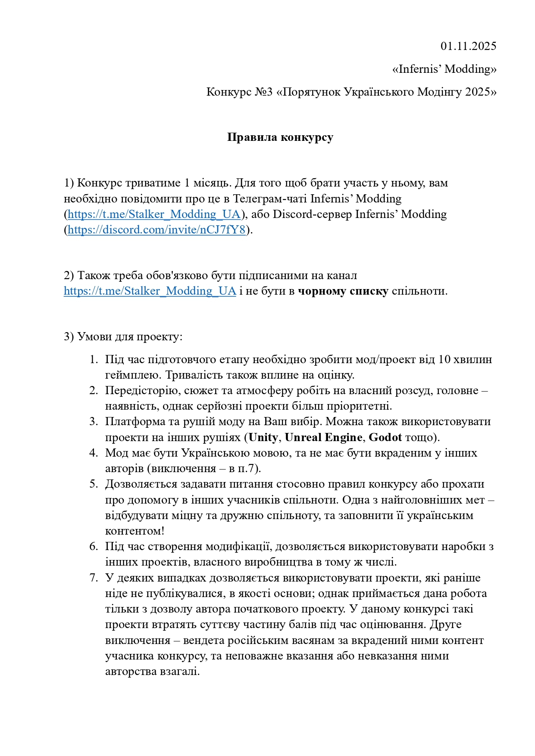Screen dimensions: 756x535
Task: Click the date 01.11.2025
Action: (x=468, y=46)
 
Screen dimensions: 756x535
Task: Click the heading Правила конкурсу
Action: (x=280, y=137)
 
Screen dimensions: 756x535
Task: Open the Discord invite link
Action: (x=156, y=230)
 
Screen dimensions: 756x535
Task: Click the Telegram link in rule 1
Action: (x=154, y=214)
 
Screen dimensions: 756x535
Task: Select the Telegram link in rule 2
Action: (x=150, y=291)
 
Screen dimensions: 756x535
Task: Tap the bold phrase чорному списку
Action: (x=343, y=291)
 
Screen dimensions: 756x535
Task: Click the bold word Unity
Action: (x=263, y=437)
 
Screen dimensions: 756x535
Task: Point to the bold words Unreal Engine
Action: (x=323, y=437)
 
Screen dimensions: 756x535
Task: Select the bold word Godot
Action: (x=385, y=437)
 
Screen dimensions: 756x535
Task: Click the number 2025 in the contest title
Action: (x=479, y=92)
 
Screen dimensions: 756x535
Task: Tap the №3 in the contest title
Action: (x=263, y=92)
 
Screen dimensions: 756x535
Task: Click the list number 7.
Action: (x=94, y=578)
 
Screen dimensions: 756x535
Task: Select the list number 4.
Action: (x=94, y=453)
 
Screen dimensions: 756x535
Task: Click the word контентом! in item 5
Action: (x=135, y=531)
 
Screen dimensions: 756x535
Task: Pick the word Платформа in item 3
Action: (x=132, y=421)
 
